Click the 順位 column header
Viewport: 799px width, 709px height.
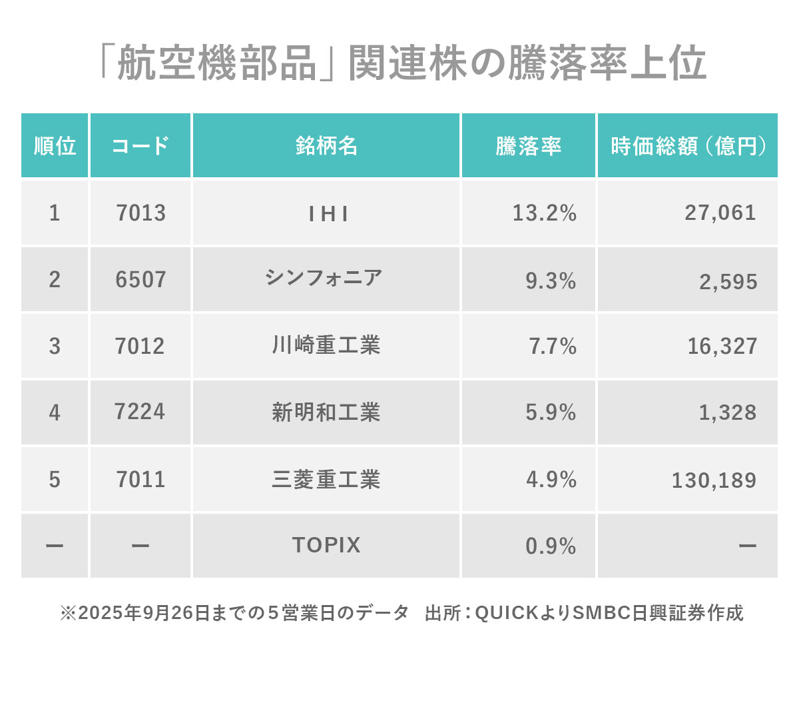55,146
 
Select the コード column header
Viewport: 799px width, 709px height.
140,146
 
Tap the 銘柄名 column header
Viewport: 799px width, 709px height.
326,146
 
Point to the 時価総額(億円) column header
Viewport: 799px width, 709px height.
688,146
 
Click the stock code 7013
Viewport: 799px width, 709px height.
140,213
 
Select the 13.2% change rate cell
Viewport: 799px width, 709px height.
544,213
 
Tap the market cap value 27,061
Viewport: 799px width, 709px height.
720,213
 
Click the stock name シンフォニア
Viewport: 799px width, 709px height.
324,278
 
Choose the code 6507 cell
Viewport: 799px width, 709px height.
140,280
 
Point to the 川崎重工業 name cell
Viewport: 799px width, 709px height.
326,346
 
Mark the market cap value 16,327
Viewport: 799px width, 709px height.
722,347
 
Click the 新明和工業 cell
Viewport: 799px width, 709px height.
326,412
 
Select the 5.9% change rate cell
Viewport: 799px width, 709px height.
551,412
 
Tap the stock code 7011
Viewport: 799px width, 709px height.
140,480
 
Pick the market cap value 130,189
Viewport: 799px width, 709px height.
714,480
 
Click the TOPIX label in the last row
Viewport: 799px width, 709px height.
326,546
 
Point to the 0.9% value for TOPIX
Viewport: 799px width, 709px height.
551,546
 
